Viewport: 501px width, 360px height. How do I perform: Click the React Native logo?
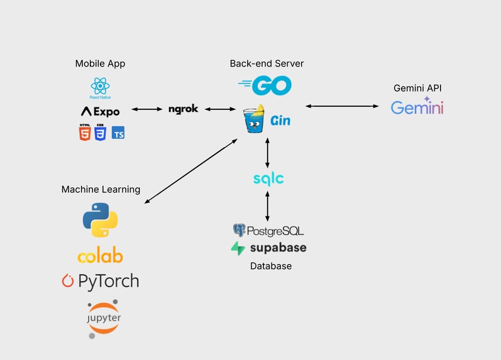coord(100,87)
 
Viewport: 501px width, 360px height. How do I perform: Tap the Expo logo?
coord(100,111)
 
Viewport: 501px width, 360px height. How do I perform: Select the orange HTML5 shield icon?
coord(84,133)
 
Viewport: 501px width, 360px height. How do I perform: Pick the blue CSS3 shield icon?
coord(100,133)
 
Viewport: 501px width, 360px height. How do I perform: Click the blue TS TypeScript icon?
coord(118,133)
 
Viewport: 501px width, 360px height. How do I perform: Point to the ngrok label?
coord(184,109)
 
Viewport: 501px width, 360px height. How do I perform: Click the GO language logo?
coord(265,85)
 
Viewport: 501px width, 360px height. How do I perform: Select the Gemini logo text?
coord(417,107)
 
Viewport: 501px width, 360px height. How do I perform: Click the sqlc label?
coord(268,179)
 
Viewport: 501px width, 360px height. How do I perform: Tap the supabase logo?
coord(268,248)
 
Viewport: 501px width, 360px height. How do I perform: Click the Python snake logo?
coord(101,220)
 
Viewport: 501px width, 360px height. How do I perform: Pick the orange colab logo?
coord(100,256)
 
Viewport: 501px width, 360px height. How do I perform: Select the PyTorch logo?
coord(100,281)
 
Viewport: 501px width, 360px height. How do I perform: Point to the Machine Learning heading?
coord(101,189)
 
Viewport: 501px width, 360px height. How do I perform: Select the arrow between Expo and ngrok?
coord(146,110)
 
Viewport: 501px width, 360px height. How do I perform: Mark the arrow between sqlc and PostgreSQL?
coord(268,205)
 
